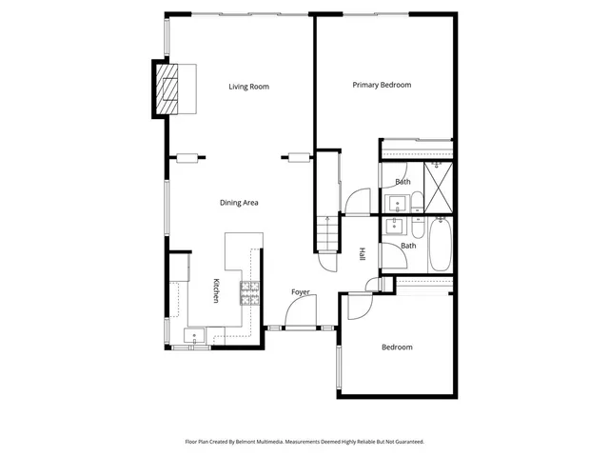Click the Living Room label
(x=249, y=87)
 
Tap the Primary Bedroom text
(x=382, y=86)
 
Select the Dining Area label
(x=240, y=202)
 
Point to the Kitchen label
(x=216, y=291)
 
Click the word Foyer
(x=301, y=291)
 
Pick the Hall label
(x=363, y=255)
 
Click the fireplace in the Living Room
(x=169, y=87)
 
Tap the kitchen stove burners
(x=250, y=293)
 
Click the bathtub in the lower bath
(x=441, y=247)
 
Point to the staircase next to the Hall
(x=326, y=233)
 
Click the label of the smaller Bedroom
(x=397, y=348)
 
